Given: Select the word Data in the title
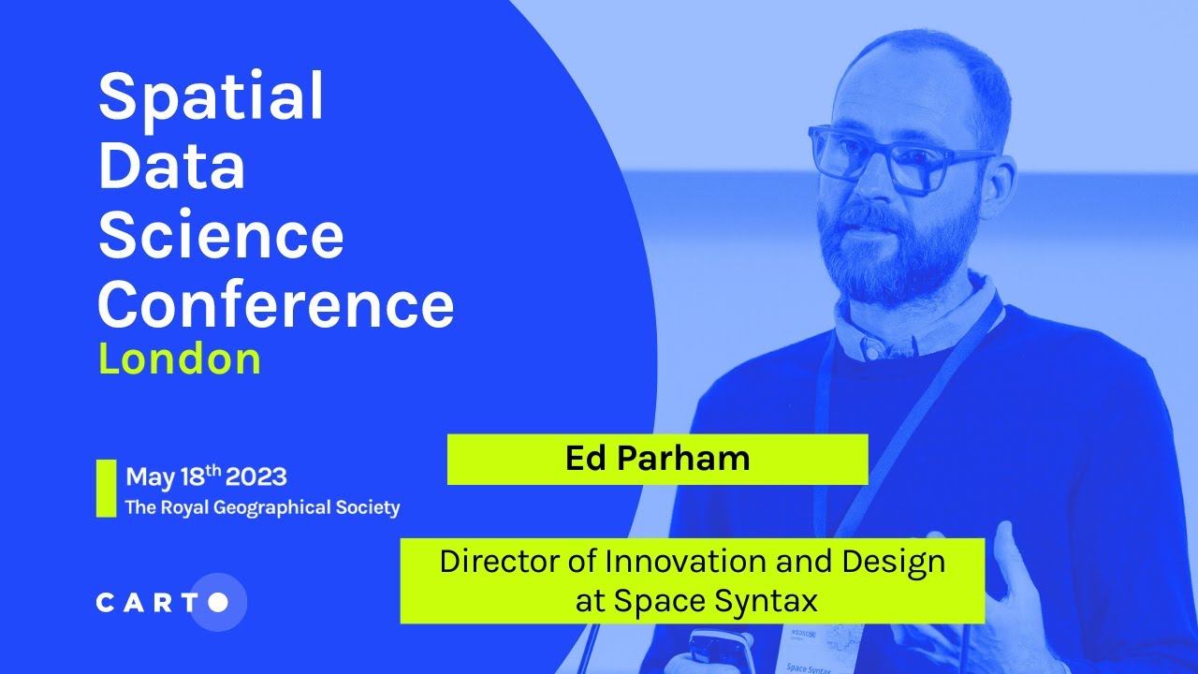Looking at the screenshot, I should [171, 167].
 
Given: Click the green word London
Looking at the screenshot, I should [179, 360].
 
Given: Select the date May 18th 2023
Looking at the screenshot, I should [206, 476].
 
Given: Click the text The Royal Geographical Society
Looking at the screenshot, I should [262, 508].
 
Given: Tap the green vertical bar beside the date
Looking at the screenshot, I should [106, 488].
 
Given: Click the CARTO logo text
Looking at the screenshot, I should [150, 603].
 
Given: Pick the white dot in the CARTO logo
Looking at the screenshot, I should [217, 603].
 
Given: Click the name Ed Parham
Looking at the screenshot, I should [657, 459].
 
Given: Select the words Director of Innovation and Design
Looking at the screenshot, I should [692, 562].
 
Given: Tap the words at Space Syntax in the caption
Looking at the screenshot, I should [696, 601].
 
